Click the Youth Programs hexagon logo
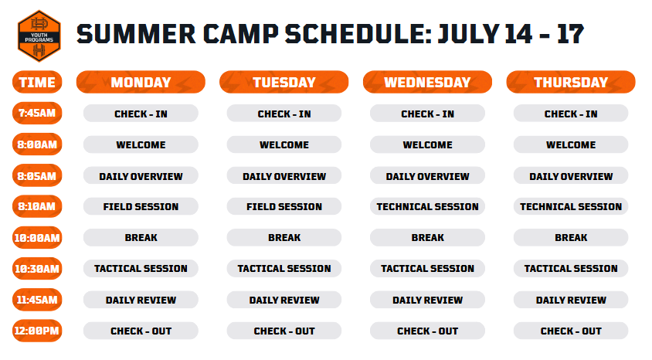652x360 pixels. (39, 36)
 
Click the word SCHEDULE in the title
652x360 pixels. (358, 34)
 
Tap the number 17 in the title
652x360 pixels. (570, 34)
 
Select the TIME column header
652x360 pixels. (37, 82)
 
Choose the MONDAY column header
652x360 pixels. (141, 82)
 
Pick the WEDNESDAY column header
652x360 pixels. (427, 82)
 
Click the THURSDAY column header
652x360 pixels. (571, 82)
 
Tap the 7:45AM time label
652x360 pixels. (37, 113)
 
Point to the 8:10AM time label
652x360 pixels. (37, 206)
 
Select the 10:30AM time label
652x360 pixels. (37, 269)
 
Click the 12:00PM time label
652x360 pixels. (37, 331)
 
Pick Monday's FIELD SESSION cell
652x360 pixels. (141, 206)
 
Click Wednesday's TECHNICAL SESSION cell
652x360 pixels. (427, 206)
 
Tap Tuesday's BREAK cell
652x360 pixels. (284, 237)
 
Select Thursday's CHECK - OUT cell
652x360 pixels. (571, 331)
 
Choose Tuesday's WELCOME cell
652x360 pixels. (284, 144)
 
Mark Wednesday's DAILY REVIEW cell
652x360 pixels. (427, 299)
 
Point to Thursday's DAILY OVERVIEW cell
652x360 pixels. (571, 175)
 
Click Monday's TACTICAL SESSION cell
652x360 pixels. (141, 269)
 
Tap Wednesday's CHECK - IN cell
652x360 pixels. (427, 113)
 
